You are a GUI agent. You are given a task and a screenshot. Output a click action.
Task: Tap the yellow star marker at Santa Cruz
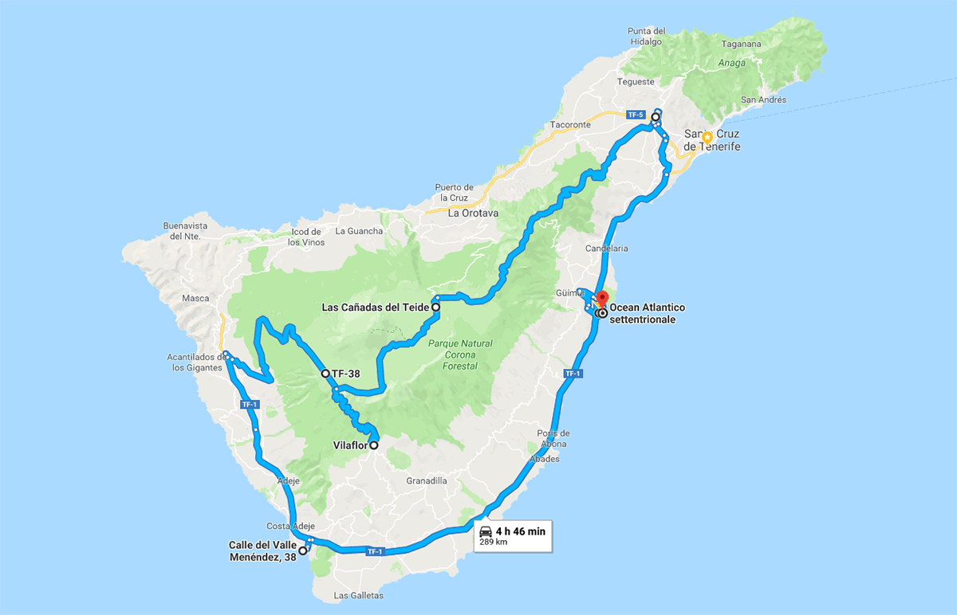[707, 137]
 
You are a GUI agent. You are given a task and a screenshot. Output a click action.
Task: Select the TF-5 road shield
[635, 115]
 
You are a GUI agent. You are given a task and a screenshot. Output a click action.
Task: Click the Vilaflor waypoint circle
[373, 446]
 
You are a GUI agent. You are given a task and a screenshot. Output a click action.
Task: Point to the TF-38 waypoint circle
[325, 373]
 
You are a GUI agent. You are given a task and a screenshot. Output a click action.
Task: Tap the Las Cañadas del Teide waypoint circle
[436, 307]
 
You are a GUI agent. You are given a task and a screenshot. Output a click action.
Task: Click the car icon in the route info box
[486, 531]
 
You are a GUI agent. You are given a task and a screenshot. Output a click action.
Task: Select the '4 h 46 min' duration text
[520, 531]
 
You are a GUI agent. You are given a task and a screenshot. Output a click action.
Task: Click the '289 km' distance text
[493, 543]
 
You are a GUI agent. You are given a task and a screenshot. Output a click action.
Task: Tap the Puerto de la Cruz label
[455, 192]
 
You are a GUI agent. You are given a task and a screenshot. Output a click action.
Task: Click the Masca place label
[195, 299]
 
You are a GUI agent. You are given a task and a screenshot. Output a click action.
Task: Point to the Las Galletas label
[359, 596]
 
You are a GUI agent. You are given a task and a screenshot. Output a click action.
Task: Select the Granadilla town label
[427, 481]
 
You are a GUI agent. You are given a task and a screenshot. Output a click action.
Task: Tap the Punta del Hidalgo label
[646, 37]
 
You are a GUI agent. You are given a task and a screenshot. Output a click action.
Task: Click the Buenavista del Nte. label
[184, 230]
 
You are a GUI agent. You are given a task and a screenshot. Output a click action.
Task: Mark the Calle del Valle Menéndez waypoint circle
[303, 550]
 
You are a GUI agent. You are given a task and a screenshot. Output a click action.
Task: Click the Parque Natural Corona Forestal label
[452, 355]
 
